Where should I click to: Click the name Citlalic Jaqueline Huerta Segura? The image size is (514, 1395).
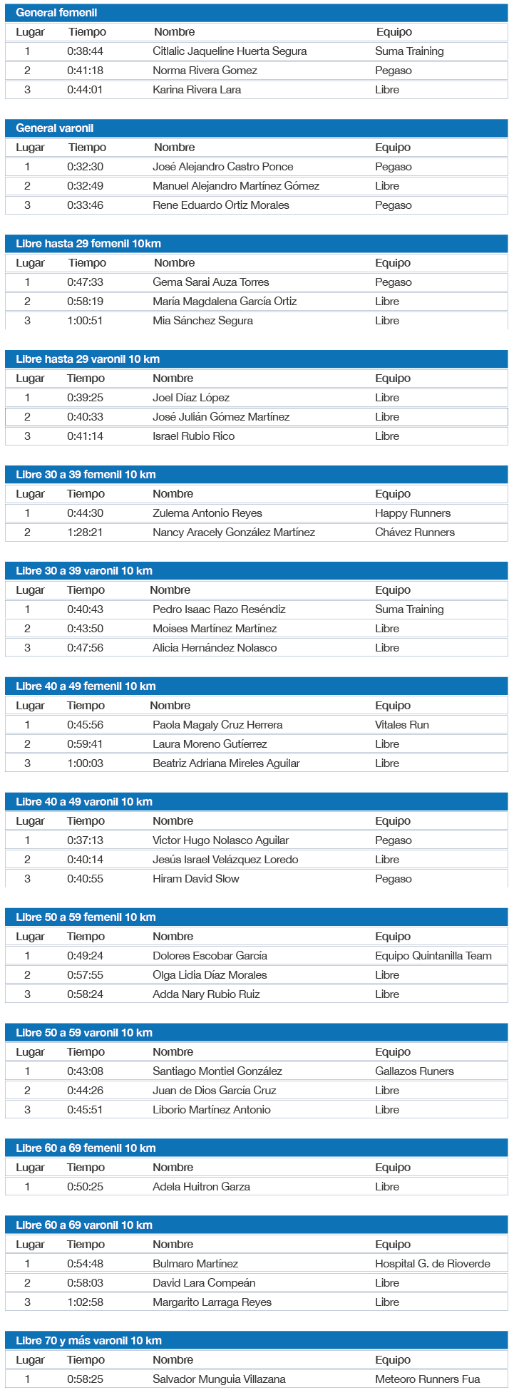(x=230, y=51)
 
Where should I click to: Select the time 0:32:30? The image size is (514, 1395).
(x=85, y=167)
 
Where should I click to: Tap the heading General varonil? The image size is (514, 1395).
(x=55, y=128)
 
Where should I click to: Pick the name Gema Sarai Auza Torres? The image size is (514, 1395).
(x=211, y=282)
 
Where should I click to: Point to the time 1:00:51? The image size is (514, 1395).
(x=85, y=321)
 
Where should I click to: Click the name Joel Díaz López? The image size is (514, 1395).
(x=191, y=398)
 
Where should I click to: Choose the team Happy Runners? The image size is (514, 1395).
(x=413, y=513)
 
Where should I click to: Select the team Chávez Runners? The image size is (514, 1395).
(x=415, y=532)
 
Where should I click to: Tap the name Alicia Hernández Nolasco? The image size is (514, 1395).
(x=215, y=648)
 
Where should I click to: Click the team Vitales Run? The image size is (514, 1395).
(x=402, y=725)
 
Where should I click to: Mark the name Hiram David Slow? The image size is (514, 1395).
(x=196, y=879)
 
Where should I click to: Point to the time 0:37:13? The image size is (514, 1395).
(x=85, y=840)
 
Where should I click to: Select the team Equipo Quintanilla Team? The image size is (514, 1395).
(x=433, y=956)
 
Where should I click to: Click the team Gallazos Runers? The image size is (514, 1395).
(x=414, y=1071)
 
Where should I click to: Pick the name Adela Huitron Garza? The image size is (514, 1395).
(x=201, y=1187)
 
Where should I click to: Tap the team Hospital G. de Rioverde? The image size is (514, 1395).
(x=433, y=1264)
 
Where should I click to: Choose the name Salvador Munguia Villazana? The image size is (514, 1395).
(x=219, y=1379)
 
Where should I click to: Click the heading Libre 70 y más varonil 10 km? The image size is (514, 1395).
(x=89, y=1341)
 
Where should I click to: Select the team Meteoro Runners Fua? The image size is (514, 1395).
(x=428, y=1379)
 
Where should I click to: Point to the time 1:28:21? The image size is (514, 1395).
(x=85, y=532)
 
